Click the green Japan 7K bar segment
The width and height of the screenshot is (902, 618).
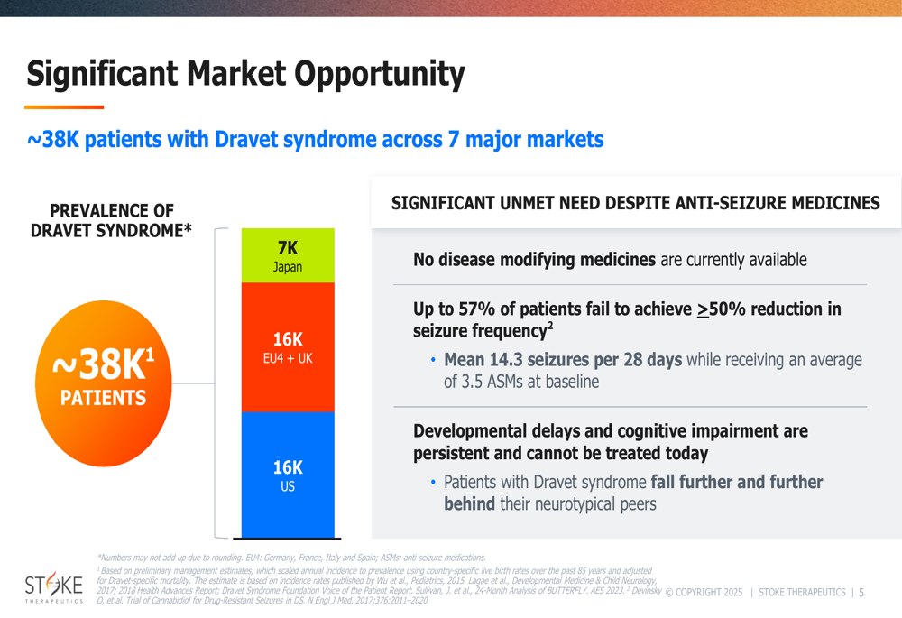pos(288,255)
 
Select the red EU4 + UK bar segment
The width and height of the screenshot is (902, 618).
pos(288,347)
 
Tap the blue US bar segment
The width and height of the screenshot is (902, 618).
pos(288,475)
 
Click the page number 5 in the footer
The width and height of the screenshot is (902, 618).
pos(861,593)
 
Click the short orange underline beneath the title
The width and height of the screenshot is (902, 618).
pos(64,107)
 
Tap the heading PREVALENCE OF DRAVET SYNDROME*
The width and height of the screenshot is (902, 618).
pos(111,221)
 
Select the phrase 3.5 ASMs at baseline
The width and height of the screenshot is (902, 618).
pos(521,382)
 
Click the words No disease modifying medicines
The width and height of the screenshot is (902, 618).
pos(534,260)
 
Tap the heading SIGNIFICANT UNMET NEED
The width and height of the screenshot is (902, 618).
pos(635,203)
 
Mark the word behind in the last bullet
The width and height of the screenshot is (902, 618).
pos(469,503)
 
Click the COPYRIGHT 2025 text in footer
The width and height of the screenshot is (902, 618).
pos(704,593)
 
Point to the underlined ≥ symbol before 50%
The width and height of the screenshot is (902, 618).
pos(703,309)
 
